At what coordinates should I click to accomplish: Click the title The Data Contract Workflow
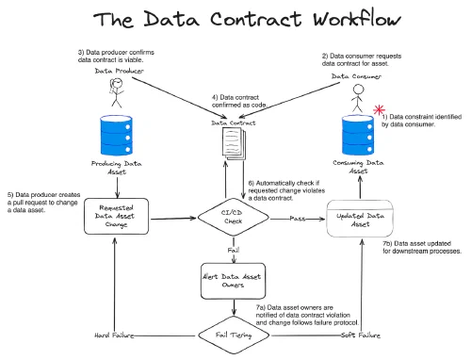(235, 21)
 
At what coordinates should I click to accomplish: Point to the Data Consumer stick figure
(358, 97)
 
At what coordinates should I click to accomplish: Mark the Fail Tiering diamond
(230, 335)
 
